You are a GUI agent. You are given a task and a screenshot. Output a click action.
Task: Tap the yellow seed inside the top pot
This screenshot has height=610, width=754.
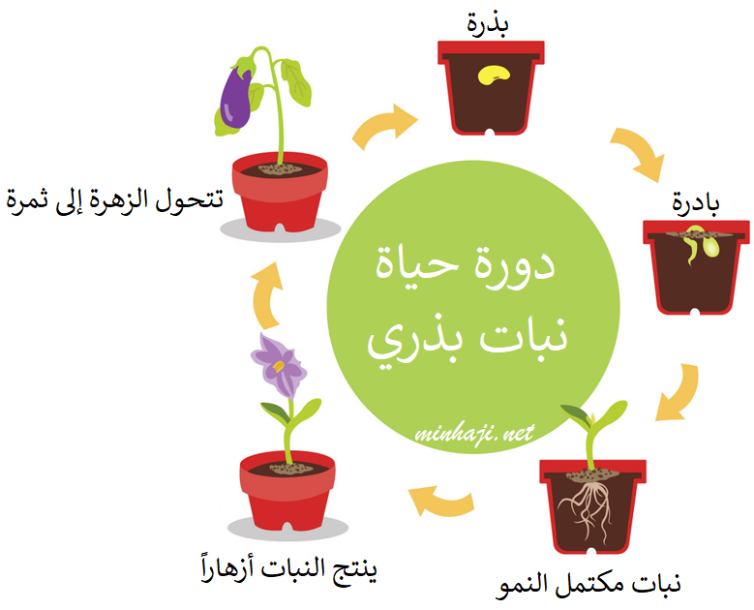[495, 76]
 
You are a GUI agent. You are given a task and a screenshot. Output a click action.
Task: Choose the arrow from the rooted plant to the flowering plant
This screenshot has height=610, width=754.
[441, 502]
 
